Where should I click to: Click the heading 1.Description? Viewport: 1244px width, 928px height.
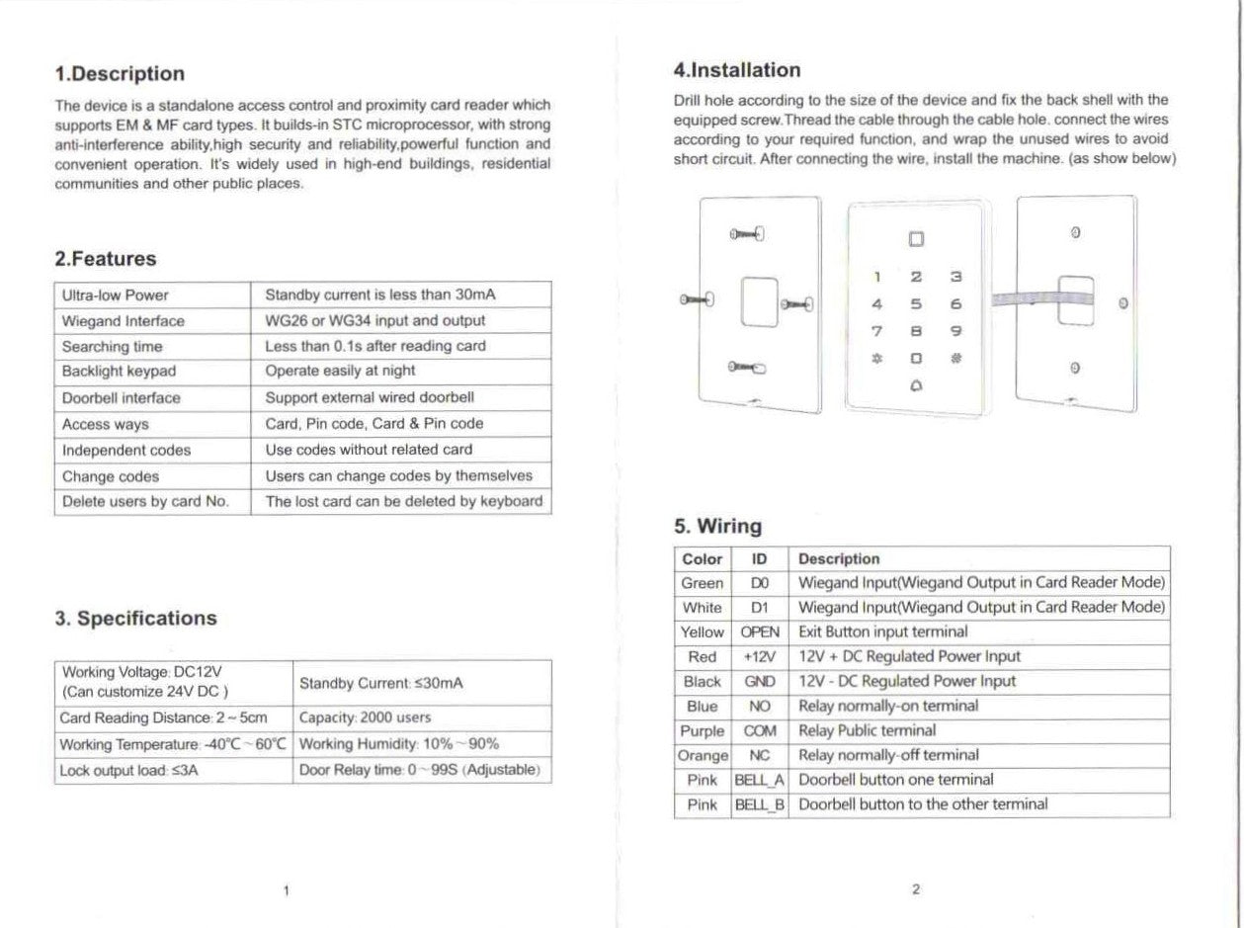click(120, 74)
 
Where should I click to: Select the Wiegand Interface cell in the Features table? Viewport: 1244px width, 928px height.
click(123, 321)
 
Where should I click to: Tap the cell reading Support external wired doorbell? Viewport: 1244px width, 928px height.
click(370, 397)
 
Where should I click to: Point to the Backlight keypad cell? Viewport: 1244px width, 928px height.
click(119, 372)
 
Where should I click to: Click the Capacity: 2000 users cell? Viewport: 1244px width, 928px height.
click(365, 717)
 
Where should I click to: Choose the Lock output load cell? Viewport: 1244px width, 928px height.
click(129, 770)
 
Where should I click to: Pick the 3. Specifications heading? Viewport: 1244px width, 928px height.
click(135, 619)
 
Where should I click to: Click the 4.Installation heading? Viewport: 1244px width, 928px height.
click(736, 70)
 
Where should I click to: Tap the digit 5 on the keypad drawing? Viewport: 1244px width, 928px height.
click(916, 304)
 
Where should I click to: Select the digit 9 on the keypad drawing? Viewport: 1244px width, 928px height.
click(955, 331)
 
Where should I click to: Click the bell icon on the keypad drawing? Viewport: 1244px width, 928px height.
click(916, 386)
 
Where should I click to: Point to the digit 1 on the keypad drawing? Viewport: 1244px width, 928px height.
click(876, 278)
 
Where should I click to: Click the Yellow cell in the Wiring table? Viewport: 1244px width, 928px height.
click(703, 632)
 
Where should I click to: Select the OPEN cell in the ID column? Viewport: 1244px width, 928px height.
click(760, 632)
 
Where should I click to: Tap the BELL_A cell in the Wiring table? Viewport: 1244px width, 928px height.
click(760, 780)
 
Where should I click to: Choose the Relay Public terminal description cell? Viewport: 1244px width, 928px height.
click(867, 730)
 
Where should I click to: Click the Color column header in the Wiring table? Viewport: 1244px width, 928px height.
click(703, 558)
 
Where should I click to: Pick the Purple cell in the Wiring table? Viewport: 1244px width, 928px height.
click(703, 730)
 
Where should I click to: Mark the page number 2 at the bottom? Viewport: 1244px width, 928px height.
click(916, 888)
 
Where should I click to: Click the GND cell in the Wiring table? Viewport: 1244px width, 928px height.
click(760, 681)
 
